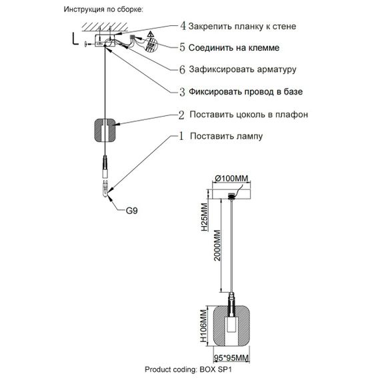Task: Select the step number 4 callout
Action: click(183, 27)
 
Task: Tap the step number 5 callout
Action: click(183, 48)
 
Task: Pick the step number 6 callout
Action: click(183, 69)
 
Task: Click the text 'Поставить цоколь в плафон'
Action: click(248, 115)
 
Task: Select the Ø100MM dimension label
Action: click(232, 178)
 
